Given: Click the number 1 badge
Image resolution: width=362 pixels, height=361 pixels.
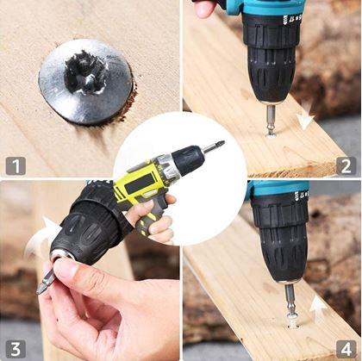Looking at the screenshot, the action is pos(16,166).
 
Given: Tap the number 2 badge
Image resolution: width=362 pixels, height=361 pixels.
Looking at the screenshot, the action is pos(346,166).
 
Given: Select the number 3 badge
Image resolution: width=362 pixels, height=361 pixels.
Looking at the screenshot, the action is pos(16,349).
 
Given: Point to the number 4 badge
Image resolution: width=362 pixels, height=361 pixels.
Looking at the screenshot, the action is pos(346,349).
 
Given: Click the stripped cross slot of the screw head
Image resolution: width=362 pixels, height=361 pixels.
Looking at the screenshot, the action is pos(85,73).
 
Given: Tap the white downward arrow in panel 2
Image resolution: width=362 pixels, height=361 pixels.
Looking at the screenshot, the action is pos(305,117).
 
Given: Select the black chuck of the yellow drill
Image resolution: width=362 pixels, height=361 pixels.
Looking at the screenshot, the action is pos(188,159).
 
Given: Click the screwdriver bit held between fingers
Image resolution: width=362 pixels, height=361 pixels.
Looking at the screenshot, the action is pos(46,281).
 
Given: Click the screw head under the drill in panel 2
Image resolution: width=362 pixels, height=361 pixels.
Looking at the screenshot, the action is pos(271,134).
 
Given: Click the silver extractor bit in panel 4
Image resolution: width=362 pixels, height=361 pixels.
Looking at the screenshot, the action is pos(291,299).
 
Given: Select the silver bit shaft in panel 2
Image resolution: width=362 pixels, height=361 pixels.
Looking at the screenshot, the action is pos(270,118).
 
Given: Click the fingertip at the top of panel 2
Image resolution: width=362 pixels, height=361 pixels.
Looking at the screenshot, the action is pos(204,8).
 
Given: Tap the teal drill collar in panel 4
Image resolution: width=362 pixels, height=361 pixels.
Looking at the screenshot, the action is pos(278,190).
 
